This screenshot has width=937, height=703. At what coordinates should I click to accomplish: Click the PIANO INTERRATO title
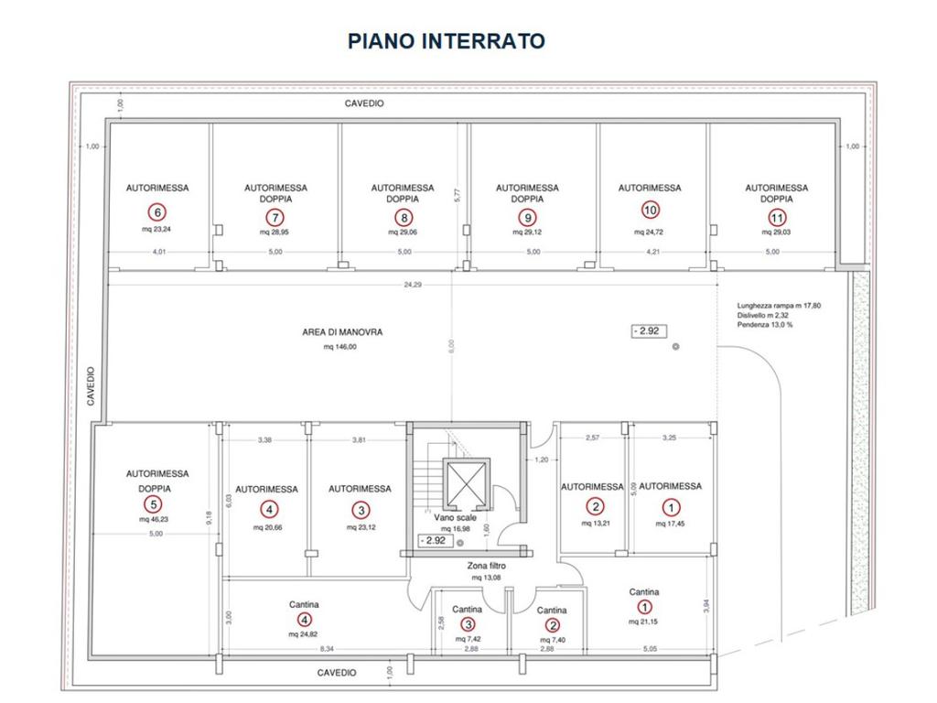click(447, 41)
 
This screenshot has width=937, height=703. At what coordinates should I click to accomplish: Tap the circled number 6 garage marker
click(157, 212)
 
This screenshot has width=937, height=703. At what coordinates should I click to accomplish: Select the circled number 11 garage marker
click(777, 218)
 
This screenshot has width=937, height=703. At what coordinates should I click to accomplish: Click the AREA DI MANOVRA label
click(342, 331)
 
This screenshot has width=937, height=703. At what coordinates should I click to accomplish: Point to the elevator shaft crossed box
click(467, 483)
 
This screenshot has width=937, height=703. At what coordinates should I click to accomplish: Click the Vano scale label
click(456, 518)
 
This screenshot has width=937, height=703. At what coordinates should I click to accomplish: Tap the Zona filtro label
click(487, 566)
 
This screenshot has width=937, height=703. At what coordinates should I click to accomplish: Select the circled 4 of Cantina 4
click(304, 620)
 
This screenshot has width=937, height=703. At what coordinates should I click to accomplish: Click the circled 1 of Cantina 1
click(644, 607)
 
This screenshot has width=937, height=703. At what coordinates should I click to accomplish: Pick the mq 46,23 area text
click(155, 520)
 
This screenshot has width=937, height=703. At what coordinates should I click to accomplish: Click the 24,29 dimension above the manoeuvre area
click(413, 285)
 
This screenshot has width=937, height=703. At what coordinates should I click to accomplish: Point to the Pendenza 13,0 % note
click(765, 325)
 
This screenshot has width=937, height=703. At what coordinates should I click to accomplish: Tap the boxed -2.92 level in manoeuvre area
click(649, 331)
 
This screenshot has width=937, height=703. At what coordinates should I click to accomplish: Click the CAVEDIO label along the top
click(364, 103)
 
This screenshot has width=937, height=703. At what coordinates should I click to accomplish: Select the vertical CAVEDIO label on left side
click(91, 386)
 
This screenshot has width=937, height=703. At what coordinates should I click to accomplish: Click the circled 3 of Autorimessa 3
click(361, 510)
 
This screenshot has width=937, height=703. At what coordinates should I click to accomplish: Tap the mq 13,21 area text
click(595, 524)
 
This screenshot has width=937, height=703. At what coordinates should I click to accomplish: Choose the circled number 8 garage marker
click(404, 218)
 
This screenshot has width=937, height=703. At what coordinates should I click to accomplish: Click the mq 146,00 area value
click(340, 347)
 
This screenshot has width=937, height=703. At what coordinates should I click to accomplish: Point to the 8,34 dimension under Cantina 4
click(327, 649)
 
